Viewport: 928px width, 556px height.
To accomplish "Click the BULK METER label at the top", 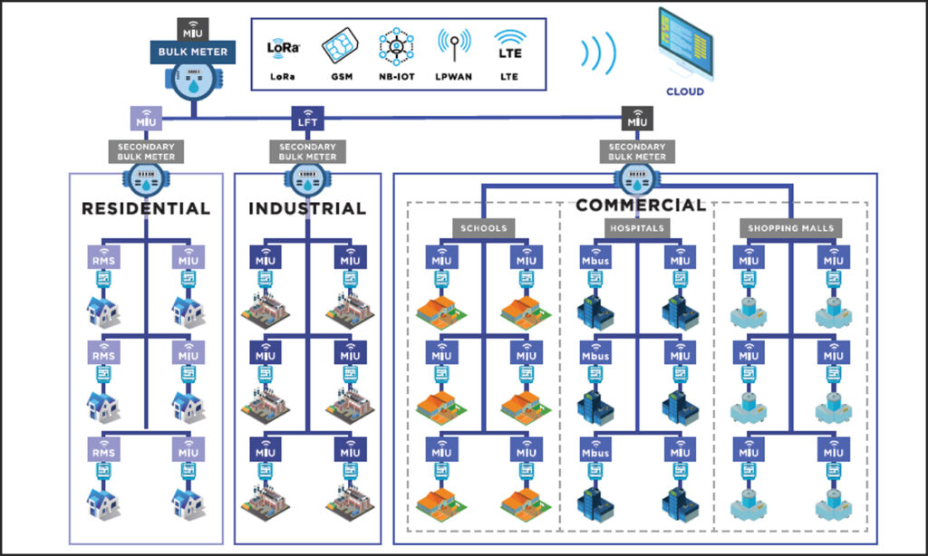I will [x=194, y=53].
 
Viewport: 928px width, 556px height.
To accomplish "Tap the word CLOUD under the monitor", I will [x=684, y=91].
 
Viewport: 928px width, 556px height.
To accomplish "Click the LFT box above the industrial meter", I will [x=305, y=120].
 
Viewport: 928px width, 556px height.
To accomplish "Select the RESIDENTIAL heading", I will [x=146, y=208].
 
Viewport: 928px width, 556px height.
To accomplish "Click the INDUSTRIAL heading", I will [x=307, y=208].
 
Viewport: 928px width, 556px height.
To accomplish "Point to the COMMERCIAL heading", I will [x=640, y=205].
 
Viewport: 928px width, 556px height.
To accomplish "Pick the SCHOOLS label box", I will [x=483, y=228].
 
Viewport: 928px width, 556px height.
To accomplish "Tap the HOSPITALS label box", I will [x=637, y=228].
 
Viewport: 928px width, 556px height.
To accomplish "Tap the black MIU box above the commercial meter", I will [x=637, y=120].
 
